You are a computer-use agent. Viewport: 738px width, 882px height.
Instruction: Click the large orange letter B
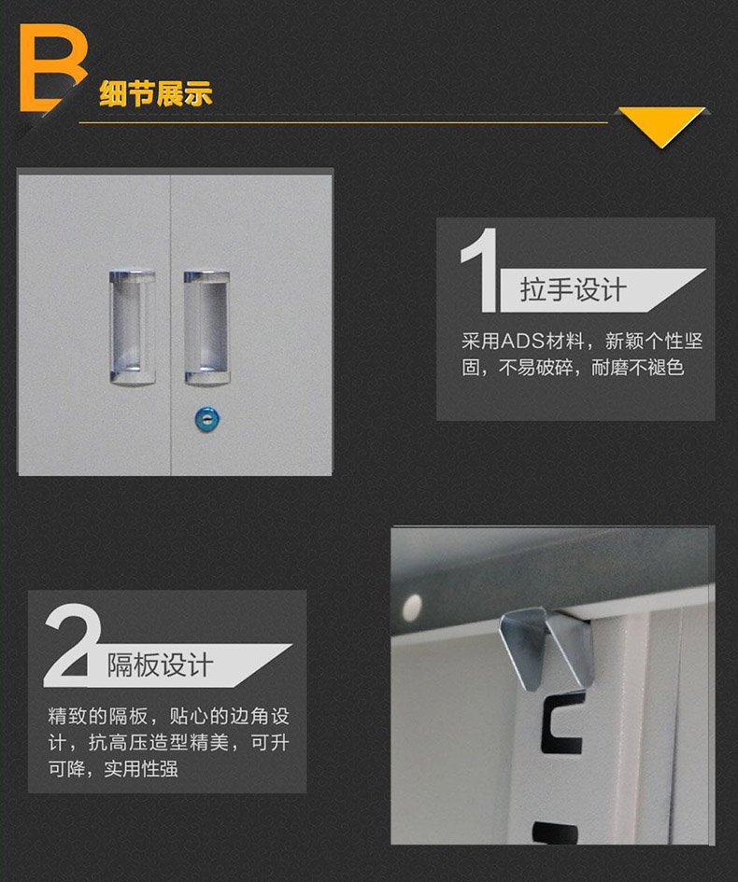[51, 70]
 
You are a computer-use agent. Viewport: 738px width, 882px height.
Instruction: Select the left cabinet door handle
[132, 327]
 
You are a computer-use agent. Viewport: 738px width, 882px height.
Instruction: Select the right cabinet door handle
[206, 327]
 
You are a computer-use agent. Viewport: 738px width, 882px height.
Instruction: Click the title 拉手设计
[573, 290]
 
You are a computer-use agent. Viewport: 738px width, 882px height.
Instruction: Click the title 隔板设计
[160, 665]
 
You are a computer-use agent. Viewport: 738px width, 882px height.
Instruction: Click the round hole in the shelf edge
[409, 607]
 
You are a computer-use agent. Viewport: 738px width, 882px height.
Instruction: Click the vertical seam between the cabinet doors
[170, 322]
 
